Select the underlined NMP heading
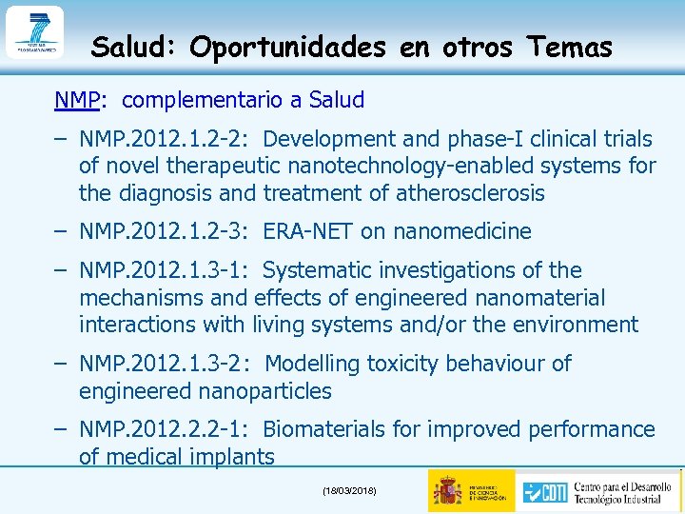(72, 100)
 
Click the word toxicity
(401, 364)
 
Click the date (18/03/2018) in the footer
(349, 490)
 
